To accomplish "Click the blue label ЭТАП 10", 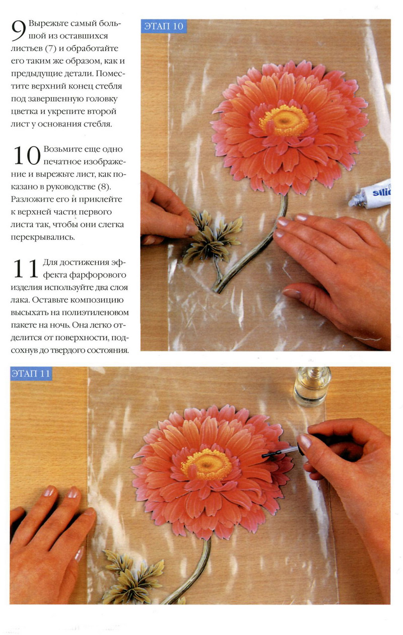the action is pos(164,26).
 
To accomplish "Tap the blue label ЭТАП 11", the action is pos(31,373).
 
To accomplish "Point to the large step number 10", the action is pos(27,155).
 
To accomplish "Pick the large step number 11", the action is pos(26,269).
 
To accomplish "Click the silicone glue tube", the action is pos(370,194).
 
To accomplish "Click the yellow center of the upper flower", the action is pos(284,120).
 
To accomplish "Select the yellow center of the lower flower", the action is pos(207,464).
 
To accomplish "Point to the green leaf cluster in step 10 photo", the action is pos(212,237).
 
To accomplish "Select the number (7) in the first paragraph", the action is pos(51,49).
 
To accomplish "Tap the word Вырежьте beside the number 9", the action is pos(48,24).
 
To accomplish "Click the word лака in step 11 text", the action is pos(20,300).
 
